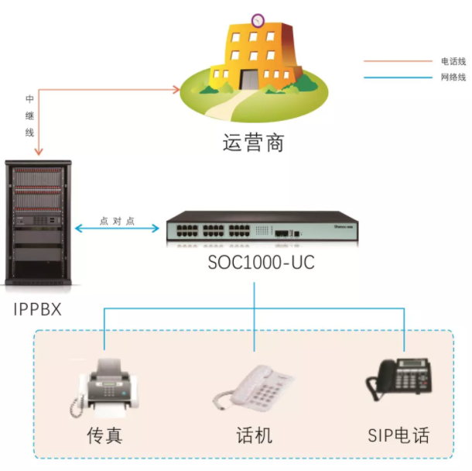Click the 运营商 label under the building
point(253,143)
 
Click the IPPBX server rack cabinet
point(37,225)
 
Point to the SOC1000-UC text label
point(261,263)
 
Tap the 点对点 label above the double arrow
point(118,220)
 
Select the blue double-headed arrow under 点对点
point(118,229)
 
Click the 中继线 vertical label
point(29,115)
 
